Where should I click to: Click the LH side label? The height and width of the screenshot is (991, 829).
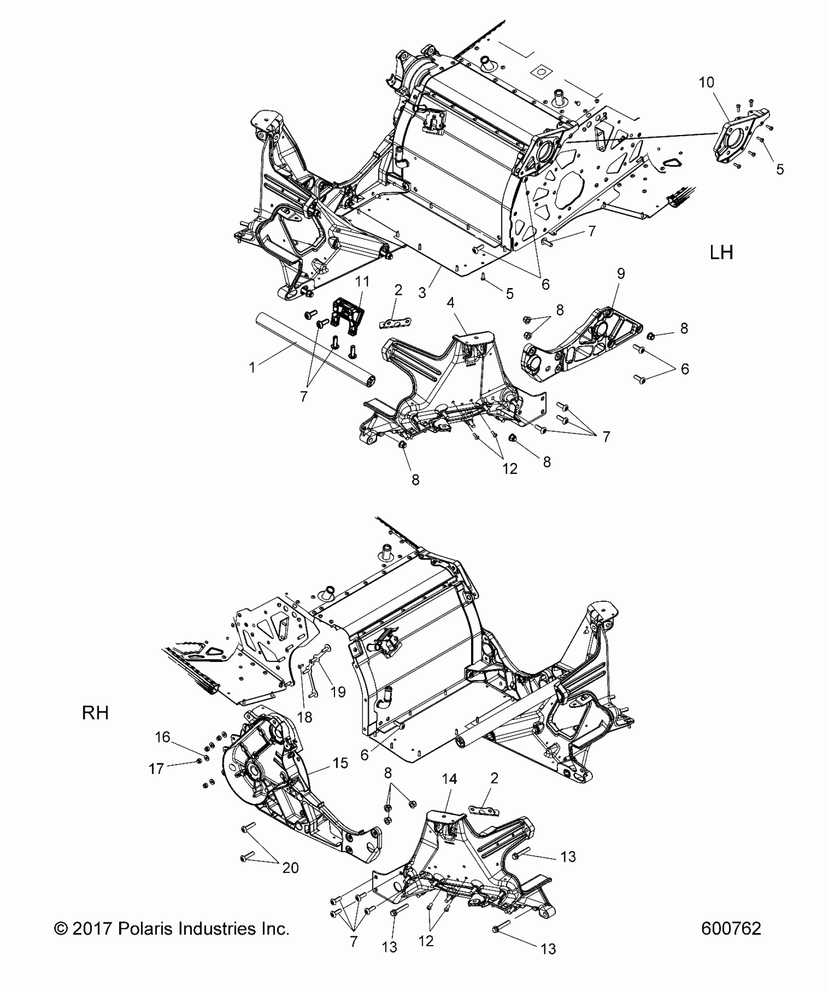tap(721, 253)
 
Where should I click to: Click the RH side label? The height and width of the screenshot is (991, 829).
tap(95, 713)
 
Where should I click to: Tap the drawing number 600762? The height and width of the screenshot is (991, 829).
tap(730, 929)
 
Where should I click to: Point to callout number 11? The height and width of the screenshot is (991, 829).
tap(362, 282)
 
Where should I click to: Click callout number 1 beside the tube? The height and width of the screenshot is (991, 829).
tap(252, 367)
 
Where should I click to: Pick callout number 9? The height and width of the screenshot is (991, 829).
tap(621, 273)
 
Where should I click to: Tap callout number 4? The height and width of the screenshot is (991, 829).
tap(451, 303)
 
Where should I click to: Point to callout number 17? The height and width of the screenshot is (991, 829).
tap(156, 769)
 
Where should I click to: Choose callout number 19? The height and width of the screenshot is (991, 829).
tap(337, 691)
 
